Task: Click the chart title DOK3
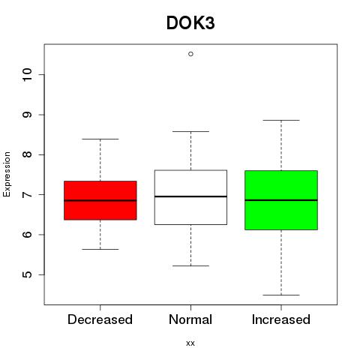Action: coord(190,23)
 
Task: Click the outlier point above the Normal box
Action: coord(190,54)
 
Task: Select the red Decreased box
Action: coord(100,200)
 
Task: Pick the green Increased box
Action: coord(281,200)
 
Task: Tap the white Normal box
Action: coord(190,197)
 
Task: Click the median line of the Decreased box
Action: coord(100,200)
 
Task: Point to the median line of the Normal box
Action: coord(190,196)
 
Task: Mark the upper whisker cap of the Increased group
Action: coord(281,120)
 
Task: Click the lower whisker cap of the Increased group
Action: coord(281,295)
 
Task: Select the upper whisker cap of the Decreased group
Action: coord(100,139)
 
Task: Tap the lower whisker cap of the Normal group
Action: coord(190,265)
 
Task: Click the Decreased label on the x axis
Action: coord(100,319)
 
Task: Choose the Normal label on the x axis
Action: coord(190,319)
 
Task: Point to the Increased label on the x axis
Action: coord(281,319)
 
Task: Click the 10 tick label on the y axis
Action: coord(28,75)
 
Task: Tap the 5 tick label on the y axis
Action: coord(28,274)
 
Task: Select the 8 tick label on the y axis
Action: coord(28,154)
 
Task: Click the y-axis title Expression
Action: coord(7,174)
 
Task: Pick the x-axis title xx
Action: coord(190,343)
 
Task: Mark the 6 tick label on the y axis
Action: coord(28,235)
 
